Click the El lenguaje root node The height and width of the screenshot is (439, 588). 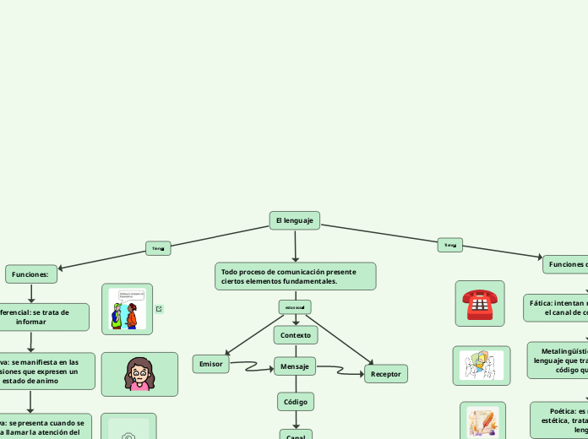(294, 220)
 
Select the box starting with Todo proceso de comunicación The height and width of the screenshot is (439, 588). (295, 276)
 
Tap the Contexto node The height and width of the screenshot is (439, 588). (295, 335)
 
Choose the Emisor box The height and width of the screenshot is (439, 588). (211, 364)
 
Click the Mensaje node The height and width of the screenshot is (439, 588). (295, 366)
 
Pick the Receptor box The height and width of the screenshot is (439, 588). (386, 373)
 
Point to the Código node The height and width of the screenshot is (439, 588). (295, 401)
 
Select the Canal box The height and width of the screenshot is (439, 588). (296, 435)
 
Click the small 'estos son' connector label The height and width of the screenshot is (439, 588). (295, 306)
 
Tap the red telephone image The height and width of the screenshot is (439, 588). (479, 303)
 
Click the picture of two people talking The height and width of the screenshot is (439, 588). (128, 309)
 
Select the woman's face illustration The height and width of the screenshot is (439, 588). (139, 374)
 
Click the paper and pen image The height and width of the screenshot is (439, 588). (482, 421)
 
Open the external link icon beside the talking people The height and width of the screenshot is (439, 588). (159, 309)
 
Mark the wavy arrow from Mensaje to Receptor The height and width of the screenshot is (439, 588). (340, 370)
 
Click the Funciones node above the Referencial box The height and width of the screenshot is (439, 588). (31, 274)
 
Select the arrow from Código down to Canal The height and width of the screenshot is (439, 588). (296, 420)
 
